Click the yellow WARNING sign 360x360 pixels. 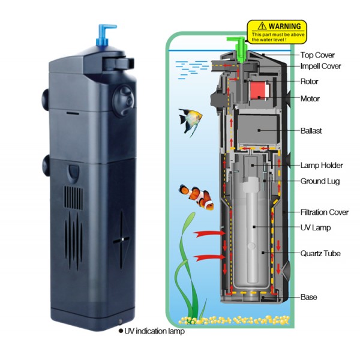pyautogui.click(x=277, y=32)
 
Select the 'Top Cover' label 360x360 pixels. pyautogui.click(x=317, y=55)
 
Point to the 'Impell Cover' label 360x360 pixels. pyautogui.click(x=321, y=67)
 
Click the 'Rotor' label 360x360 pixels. pyautogui.click(x=309, y=82)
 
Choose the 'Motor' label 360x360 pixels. pyautogui.click(x=310, y=99)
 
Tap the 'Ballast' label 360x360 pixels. pyautogui.click(x=311, y=131)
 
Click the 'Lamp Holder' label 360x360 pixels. pyautogui.click(x=322, y=166)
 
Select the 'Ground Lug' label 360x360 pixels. pyautogui.click(x=320, y=181)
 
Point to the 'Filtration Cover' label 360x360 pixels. pyautogui.click(x=325, y=212)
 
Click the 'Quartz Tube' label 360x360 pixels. pyautogui.click(x=320, y=253)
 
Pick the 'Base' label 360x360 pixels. pyautogui.click(x=308, y=298)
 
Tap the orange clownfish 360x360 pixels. pyautogui.click(x=196, y=197)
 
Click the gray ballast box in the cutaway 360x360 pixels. pyautogui.click(x=257, y=129)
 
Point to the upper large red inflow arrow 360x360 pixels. pyautogui.click(x=209, y=234)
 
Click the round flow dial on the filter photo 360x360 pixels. pyautogui.click(x=123, y=101)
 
